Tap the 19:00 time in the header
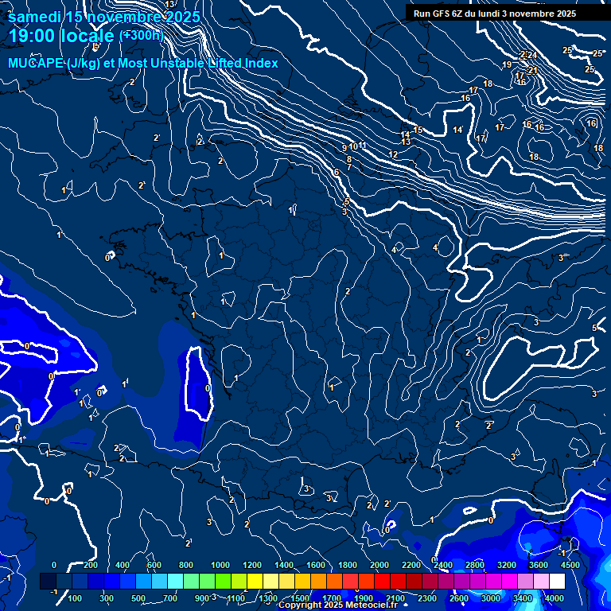33,36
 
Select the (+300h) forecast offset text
141,35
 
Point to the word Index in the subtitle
260,63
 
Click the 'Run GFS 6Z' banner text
441,14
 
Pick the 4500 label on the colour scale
570,565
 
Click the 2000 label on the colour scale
380,565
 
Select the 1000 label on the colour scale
220,565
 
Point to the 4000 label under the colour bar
555,598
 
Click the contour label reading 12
393,154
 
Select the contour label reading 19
507,65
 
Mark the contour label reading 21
533,70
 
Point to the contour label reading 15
418,130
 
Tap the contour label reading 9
344,148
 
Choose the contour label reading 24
532,55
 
